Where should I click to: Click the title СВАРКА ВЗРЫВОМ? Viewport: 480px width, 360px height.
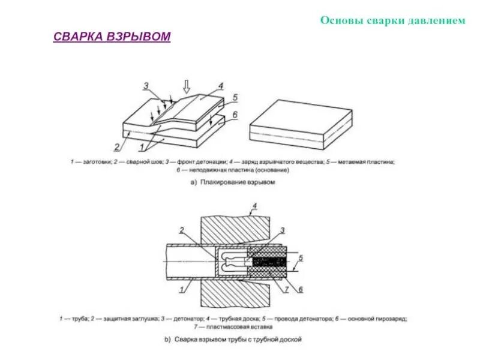point(112,37)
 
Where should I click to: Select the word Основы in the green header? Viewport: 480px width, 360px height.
point(339,20)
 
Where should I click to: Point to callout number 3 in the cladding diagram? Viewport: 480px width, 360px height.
point(145,86)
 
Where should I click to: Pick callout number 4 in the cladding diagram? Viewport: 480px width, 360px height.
point(221,86)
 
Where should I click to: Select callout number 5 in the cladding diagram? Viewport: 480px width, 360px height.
point(235,97)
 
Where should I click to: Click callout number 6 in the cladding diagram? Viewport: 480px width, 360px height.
point(235,114)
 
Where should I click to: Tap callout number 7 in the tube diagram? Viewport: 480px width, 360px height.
point(286,290)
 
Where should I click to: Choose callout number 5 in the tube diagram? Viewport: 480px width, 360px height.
point(302,258)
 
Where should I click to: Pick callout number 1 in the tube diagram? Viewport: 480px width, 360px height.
point(181,290)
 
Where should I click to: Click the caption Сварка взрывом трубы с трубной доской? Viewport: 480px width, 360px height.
point(238,340)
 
